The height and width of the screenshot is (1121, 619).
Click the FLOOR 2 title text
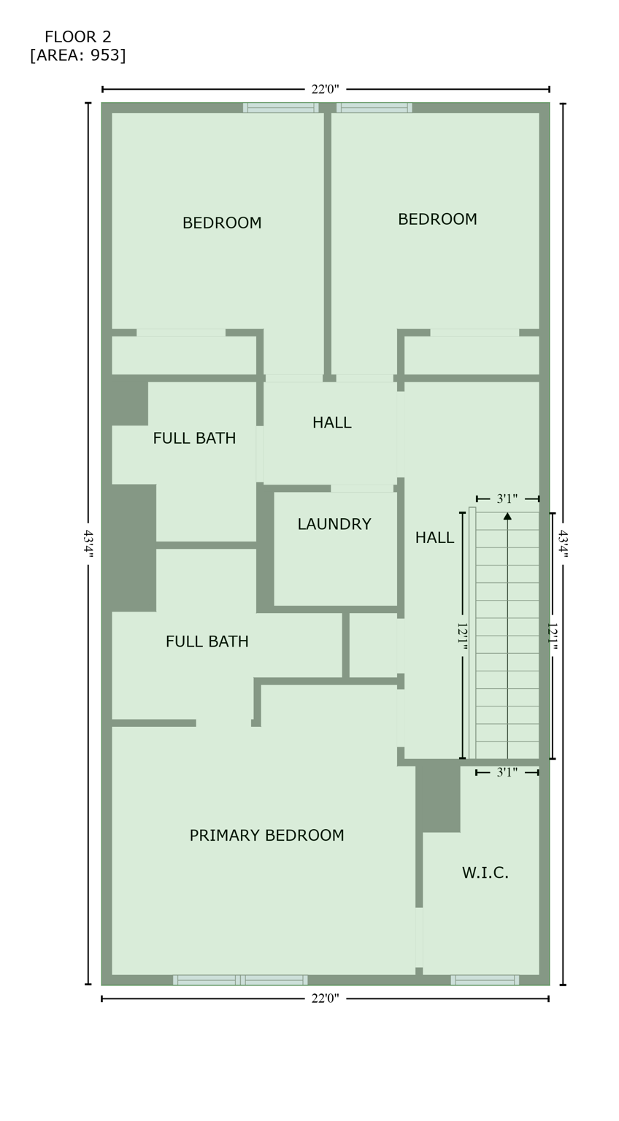(77, 37)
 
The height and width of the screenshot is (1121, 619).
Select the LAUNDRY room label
(334, 524)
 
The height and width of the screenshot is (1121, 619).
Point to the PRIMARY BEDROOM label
(266, 836)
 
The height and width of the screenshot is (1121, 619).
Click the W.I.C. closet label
(485, 873)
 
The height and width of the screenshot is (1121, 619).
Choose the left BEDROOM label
(222, 223)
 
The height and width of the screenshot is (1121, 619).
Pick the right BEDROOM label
(437, 220)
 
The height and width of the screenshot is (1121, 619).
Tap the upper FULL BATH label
(194, 439)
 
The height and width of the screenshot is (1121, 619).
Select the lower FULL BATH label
(207, 642)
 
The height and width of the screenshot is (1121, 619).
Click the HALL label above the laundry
(331, 423)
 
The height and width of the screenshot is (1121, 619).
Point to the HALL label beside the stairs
(434, 538)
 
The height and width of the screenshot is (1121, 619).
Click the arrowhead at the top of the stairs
(507, 516)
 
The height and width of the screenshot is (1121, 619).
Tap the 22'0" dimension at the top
(325, 90)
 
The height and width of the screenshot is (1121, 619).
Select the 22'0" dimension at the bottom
(325, 998)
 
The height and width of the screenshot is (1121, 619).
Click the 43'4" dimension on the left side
(88, 544)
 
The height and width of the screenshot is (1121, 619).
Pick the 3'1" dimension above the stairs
(507, 499)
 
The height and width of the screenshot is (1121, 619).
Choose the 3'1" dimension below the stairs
(507, 772)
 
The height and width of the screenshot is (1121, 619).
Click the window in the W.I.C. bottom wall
(485, 979)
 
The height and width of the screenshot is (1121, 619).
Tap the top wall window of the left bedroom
(280, 108)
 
